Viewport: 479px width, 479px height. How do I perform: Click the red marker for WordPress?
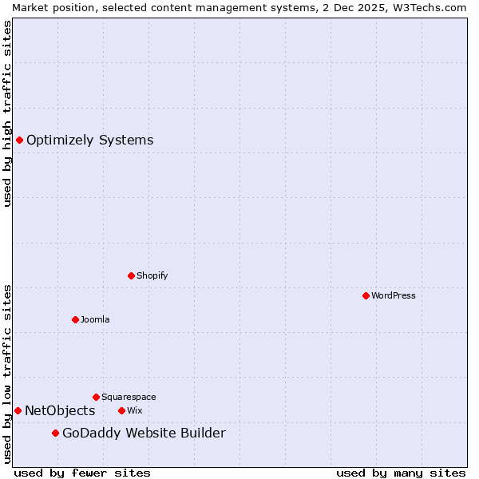click(366, 295)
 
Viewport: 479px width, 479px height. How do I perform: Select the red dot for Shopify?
click(131, 275)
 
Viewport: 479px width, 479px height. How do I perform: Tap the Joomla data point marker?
click(75, 319)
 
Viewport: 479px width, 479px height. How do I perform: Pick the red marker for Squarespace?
click(96, 397)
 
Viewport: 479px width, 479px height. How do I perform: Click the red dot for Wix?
click(121, 410)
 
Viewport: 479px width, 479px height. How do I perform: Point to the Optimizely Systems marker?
click(19, 141)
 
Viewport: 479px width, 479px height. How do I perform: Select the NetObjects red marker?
click(18, 410)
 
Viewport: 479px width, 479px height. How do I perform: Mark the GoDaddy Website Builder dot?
click(55, 433)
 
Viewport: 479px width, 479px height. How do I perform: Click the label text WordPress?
click(394, 295)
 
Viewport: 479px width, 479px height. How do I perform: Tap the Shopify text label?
click(152, 275)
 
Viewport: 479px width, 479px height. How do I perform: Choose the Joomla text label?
click(95, 319)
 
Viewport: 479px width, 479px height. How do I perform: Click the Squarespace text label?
click(129, 397)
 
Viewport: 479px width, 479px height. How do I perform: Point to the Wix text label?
click(134, 410)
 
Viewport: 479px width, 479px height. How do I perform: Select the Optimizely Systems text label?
click(89, 141)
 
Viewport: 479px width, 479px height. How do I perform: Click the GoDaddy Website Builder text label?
click(144, 433)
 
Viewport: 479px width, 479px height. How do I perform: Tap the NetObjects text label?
click(60, 411)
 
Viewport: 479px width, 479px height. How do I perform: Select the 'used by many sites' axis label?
click(401, 473)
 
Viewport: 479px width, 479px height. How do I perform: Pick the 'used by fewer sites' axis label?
click(82, 473)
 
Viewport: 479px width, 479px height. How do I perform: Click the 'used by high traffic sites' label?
click(7, 113)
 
